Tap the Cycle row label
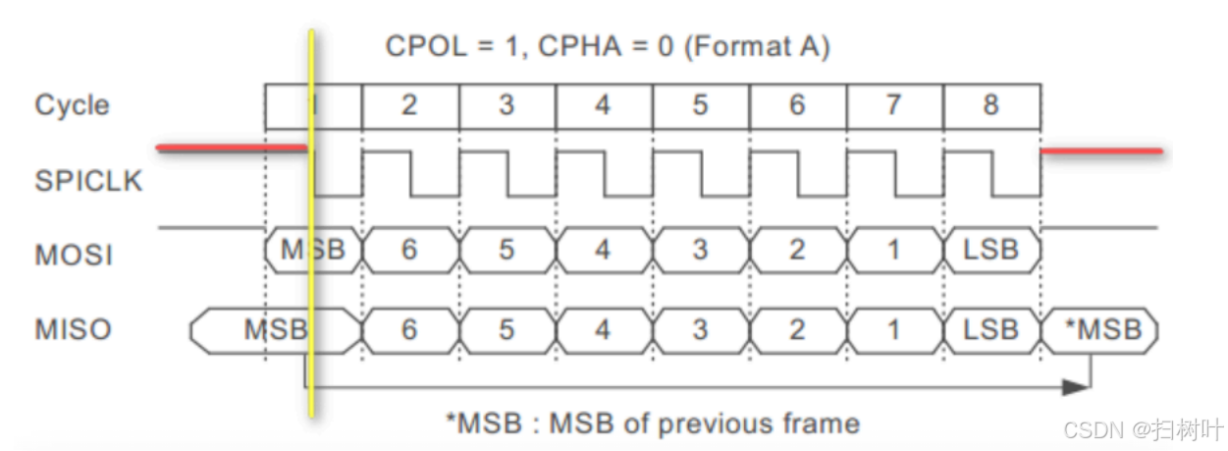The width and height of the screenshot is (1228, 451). tap(72, 105)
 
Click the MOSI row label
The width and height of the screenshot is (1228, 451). tap(74, 255)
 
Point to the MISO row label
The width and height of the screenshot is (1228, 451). tap(73, 329)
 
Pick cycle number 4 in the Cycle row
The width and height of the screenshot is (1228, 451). tap(602, 105)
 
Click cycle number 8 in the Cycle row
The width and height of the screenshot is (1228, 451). tap(990, 105)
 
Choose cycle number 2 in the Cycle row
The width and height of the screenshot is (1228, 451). tap(409, 105)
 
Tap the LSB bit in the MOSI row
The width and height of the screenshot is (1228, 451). tap(991, 251)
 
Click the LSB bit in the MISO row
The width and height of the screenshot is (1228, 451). tap(991, 329)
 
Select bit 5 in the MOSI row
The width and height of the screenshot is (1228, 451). tap(506, 251)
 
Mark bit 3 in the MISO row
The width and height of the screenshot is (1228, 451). tap(699, 329)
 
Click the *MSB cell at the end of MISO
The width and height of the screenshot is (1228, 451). tap(1103, 329)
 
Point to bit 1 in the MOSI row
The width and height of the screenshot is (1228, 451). tap(893, 251)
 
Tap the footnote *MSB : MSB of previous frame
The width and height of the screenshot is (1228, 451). tap(652, 423)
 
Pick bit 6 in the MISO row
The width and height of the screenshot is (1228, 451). tap(409, 329)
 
